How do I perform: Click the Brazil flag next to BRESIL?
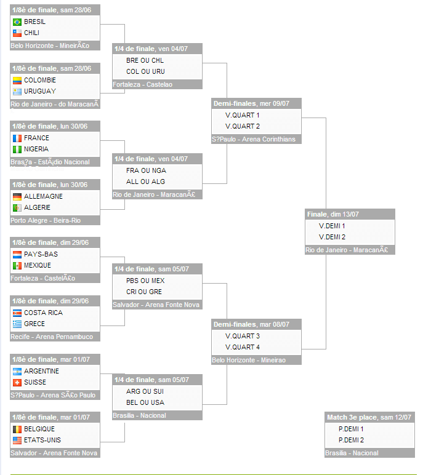[17, 22]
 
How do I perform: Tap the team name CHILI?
[31, 33]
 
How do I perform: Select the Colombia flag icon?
[17, 80]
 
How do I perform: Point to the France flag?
[17, 138]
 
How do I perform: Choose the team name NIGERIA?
[36, 149]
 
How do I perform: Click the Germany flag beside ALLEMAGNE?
[17, 196]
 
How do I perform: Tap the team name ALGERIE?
[37, 207]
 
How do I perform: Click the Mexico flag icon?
[17, 265]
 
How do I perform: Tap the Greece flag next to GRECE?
[17, 324]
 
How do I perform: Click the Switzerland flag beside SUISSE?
[17, 382]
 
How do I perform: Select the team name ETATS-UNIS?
[42, 440]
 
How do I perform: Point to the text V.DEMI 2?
[332, 237]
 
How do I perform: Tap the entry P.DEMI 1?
[351, 429]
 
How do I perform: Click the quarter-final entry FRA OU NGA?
[146, 170]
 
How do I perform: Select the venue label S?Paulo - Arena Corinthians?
[254, 139]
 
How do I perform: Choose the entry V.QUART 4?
[243, 347]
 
